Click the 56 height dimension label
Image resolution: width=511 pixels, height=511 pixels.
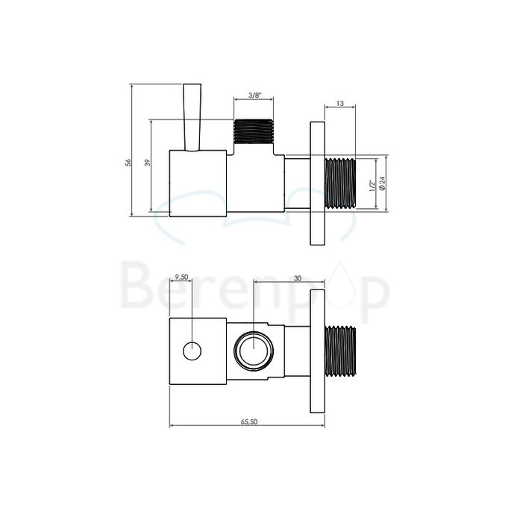click(128, 162)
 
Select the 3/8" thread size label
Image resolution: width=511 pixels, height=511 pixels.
click(254, 95)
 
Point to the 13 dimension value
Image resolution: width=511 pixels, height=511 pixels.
click(339, 104)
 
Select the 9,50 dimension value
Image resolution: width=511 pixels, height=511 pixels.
click(181, 278)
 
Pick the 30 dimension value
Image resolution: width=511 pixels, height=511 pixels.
click(298, 278)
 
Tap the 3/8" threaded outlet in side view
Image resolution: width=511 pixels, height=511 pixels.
click(254, 133)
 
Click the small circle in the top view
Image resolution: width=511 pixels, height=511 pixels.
click(193, 349)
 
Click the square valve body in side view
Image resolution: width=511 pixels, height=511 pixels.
click(198, 184)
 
